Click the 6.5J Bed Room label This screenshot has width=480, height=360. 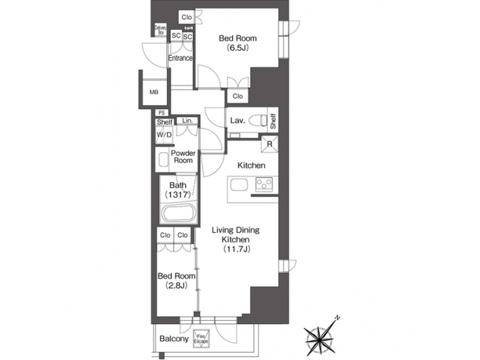point(237,43)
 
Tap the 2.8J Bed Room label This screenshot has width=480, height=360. point(176,281)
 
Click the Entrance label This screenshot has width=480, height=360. point(180,59)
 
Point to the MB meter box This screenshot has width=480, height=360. point(154,92)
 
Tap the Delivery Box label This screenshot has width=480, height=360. point(161,30)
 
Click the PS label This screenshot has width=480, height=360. point(161,113)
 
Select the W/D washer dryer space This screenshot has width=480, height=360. point(164,135)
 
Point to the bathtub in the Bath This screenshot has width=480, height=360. point(177,215)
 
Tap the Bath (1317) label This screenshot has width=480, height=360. point(178,189)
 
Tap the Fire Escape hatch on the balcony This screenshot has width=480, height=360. point(201,338)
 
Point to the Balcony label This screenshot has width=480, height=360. point(173,339)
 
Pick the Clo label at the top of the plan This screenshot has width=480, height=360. point(186,17)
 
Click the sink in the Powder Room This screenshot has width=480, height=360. point(164,160)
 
